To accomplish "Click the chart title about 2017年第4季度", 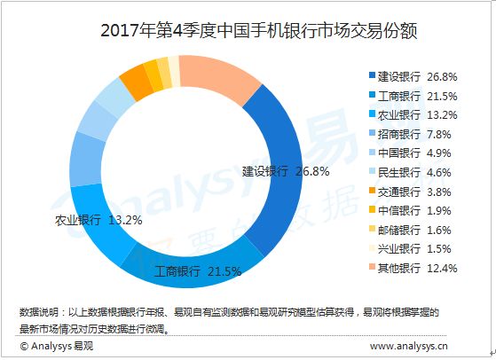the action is click(259, 31).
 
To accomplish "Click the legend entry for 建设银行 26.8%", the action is click(413, 76).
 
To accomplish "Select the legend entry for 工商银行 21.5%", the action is click(413, 96).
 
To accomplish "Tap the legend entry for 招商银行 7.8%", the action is click(410, 134).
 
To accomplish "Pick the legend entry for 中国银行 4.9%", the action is click(410, 153).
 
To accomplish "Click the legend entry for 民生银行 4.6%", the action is click(410, 173).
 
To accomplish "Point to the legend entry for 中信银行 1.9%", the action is click(410, 210).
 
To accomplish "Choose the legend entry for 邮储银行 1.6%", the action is click(410, 230).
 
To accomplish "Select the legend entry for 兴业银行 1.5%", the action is click(410, 249).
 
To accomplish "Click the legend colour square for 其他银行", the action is click(372, 267).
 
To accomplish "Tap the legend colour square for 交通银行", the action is click(372, 191).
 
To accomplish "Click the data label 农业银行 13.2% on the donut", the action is click(98, 220).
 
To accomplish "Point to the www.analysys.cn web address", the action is click(409, 346).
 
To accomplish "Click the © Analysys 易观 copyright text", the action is click(56, 346).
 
